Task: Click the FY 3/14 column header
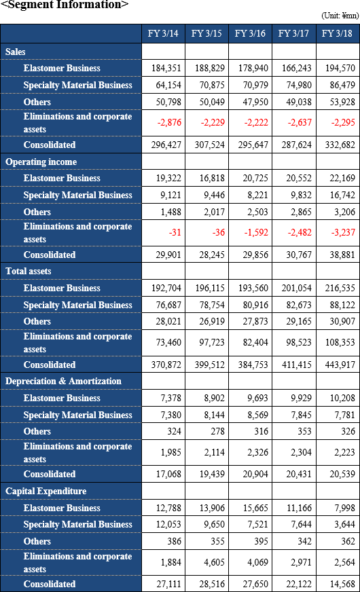coord(163,33)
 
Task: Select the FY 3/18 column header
coord(337,33)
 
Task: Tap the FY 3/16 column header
coord(250,33)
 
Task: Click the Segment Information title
coord(65,5)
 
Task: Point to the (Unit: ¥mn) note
coord(340,16)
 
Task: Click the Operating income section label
coord(41,162)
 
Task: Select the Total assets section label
coord(29,271)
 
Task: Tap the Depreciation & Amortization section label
coord(63,382)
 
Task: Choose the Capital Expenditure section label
coord(46,492)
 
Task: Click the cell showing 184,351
coord(166,69)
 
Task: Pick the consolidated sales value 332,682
coord(340,145)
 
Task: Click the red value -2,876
coord(169,123)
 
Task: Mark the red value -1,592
coord(256,233)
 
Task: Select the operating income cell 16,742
coord(342,196)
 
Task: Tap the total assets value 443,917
coord(340,365)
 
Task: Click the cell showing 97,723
coord(212,342)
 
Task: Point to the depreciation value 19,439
coord(212,474)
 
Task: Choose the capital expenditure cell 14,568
coord(342,584)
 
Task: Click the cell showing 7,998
coord(344,508)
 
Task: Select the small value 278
coord(217,432)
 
